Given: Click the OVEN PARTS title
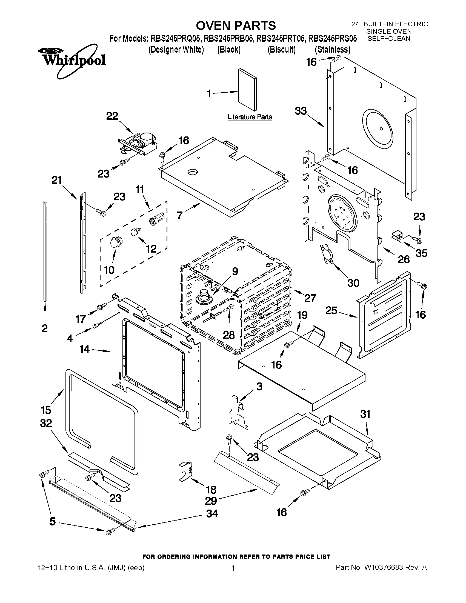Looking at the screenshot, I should tap(236, 26).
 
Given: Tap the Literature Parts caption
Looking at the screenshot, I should tap(250, 117).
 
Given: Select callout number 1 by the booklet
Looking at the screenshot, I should tap(209, 94).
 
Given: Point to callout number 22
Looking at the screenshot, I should tap(112, 116).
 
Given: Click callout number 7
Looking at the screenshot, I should tap(180, 215).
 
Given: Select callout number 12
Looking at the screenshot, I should tap(151, 249).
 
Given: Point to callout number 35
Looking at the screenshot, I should tap(421, 253).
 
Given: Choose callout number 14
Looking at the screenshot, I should tap(84, 349).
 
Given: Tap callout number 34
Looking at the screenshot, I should tap(212, 513).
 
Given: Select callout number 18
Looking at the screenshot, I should tap(211, 490).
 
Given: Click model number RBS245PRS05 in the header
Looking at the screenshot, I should tap(332, 38).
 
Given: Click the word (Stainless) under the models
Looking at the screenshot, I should tap(332, 50).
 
